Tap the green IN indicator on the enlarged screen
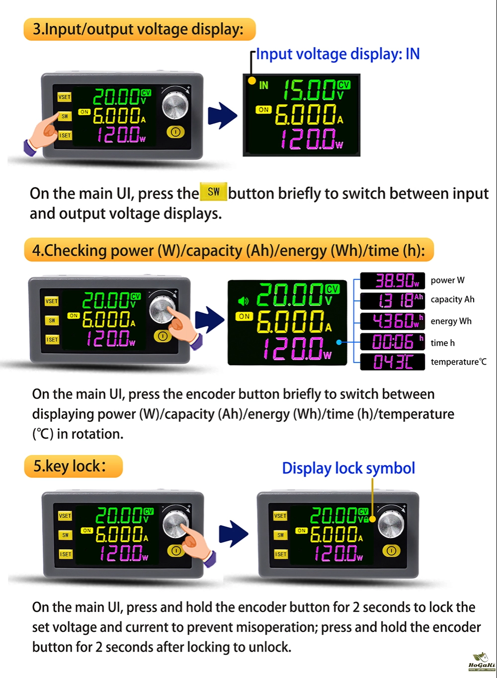pos(263,85)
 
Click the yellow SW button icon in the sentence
pos(213,192)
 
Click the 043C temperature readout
pos(392,362)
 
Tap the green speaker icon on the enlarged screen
pos(243,301)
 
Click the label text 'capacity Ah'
pos(452,300)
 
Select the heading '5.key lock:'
pos(70,466)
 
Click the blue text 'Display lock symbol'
pos(348,468)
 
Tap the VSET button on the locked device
pos(280,516)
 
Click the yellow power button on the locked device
pos(391,551)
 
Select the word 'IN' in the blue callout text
pos(413,54)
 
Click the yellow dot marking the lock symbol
pos(373,519)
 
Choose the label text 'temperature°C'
pos(459,362)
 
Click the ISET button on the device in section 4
pos(52,340)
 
